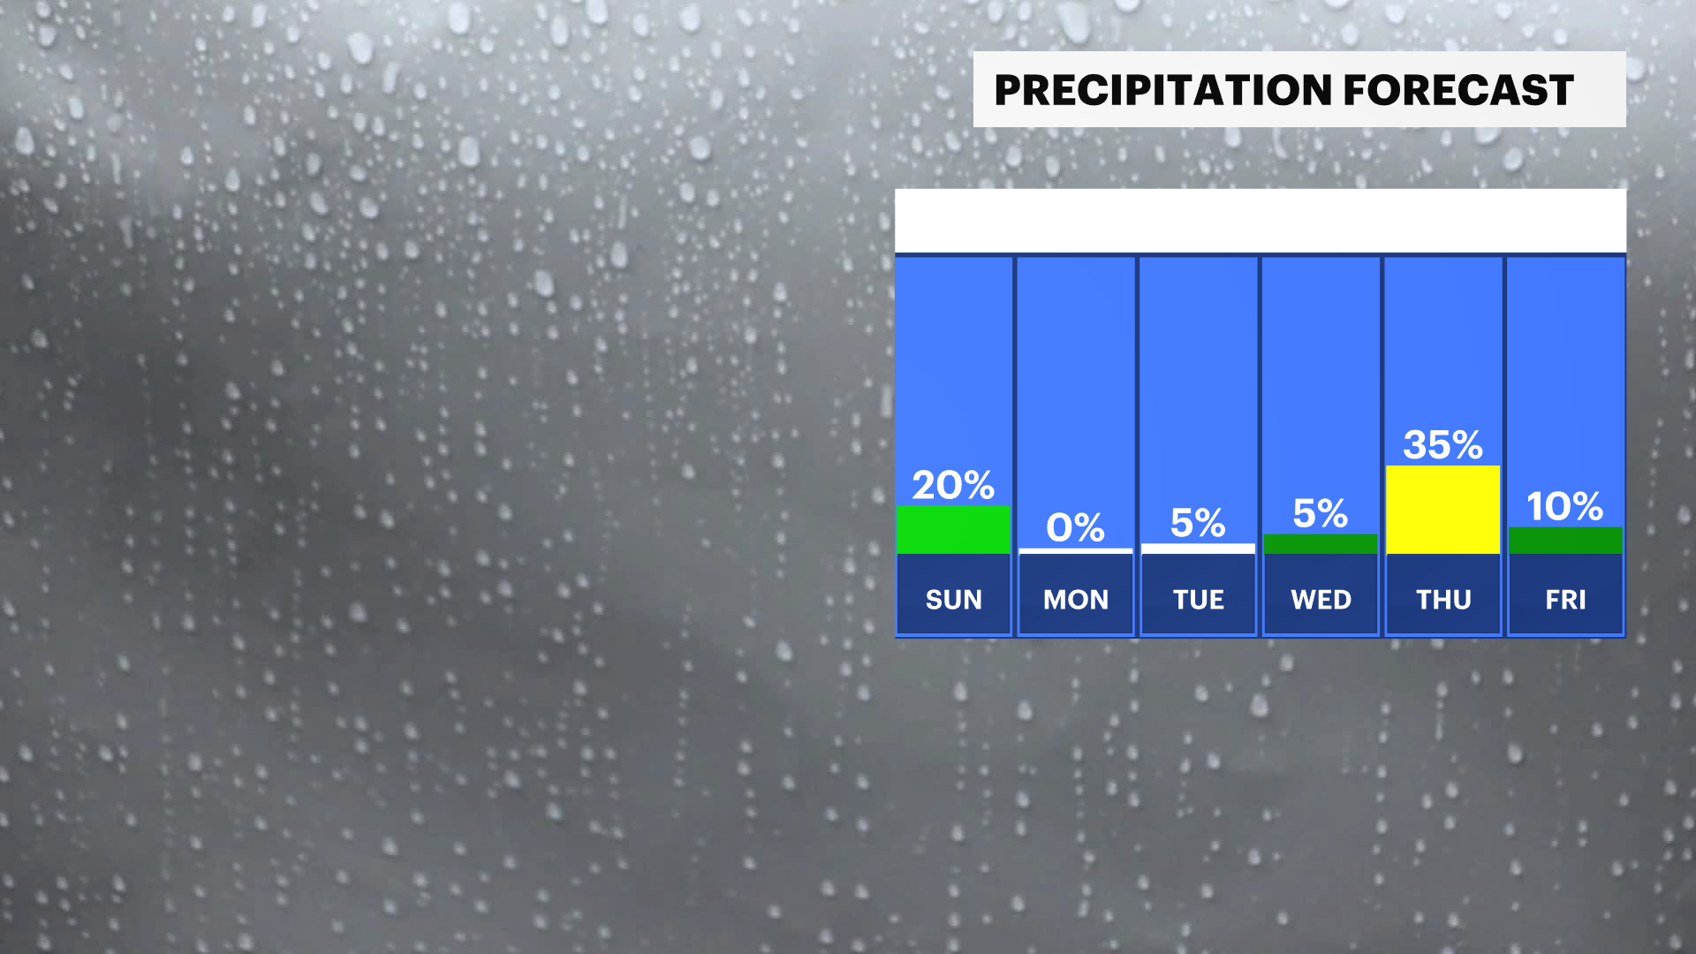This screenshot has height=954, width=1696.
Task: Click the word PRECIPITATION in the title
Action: pos(1163,90)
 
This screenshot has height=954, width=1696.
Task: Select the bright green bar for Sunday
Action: pos(953,530)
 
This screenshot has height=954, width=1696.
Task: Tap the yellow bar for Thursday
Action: pos(1442,510)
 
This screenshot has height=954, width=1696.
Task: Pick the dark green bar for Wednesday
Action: pos(1321,544)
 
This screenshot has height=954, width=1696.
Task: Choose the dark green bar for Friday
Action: pos(1565,541)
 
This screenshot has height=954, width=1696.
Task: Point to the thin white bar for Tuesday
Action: pos(1198,549)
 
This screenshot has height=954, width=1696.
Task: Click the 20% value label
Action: pos(953,485)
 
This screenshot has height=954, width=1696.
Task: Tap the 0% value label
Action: pos(1075,527)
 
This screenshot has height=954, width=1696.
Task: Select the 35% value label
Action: pos(1442,444)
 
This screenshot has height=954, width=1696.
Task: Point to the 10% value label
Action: pos(1564,506)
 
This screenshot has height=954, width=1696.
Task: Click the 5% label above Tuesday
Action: pos(1198,523)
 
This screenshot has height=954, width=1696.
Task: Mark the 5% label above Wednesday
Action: pos(1321,513)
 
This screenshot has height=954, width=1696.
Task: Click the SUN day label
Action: pos(953,600)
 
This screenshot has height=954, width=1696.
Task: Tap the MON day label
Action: pos(1076,600)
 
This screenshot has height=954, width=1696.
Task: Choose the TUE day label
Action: pos(1198,600)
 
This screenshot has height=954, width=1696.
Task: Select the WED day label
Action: pos(1321,600)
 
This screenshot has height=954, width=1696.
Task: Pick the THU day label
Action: pos(1443,600)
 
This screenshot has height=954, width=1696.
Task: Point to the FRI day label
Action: pos(1565,600)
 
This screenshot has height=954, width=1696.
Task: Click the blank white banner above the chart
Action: pos(1261,221)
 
